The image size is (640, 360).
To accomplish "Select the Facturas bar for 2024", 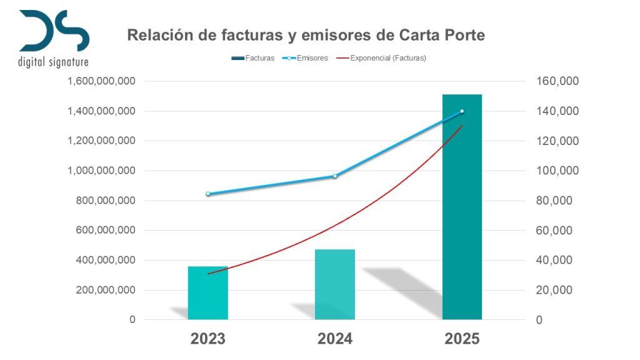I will click(335, 284).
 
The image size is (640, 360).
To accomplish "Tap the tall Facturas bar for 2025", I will click(462, 207).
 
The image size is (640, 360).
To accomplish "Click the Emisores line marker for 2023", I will click(208, 194).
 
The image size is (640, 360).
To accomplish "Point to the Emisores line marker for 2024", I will click(335, 176).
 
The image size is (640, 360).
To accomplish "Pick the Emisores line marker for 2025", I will click(462, 111).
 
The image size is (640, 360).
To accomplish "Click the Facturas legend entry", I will click(252, 58).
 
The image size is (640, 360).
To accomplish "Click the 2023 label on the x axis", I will click(208, 339).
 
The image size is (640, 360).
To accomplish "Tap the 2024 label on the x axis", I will click(335, 339).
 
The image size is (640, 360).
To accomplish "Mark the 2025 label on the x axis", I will click(462, 339).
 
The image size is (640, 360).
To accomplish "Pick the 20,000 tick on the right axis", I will click(557, 290).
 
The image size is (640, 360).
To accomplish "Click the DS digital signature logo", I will click(54, 37).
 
